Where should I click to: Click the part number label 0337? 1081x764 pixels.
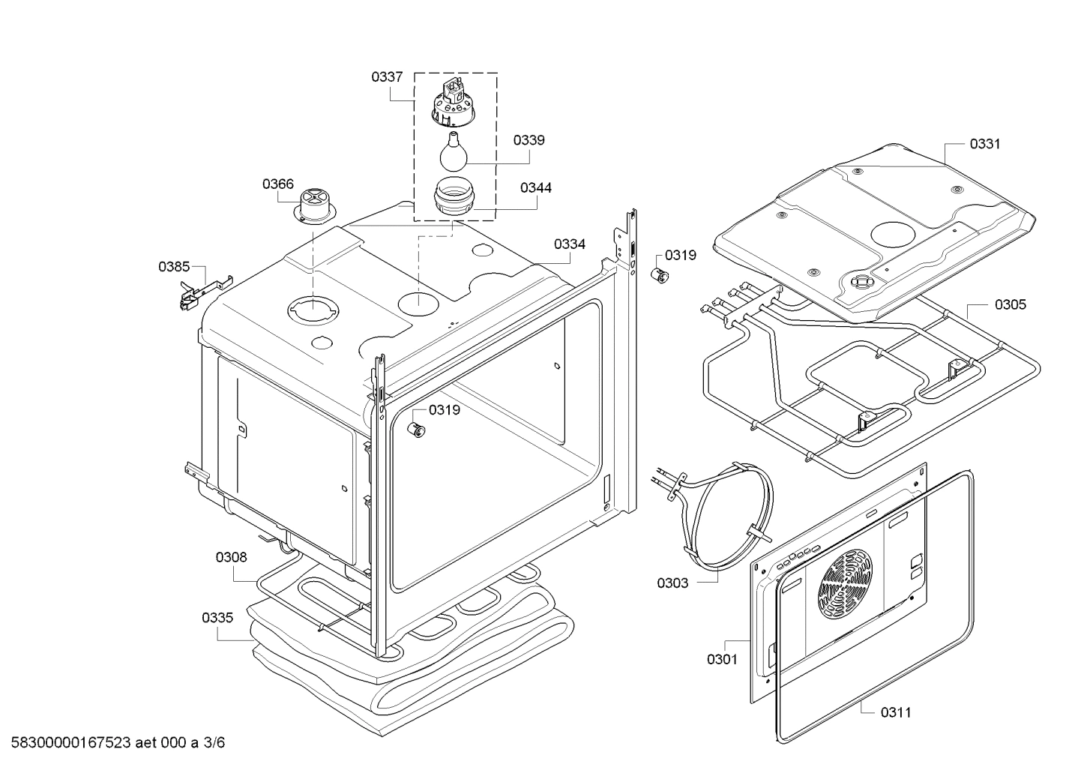[387, 76]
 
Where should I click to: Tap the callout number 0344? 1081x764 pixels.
[536, 187]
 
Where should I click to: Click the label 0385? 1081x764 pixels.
[174, 266]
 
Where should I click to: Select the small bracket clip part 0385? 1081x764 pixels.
[196, 292]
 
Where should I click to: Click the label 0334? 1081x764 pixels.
[570, 244]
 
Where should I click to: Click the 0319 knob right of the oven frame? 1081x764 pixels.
[659, 274]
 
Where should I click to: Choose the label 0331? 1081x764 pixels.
[985, 144]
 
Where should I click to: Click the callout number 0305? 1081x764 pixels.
[1011, 304]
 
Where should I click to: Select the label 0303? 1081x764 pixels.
[672, 583]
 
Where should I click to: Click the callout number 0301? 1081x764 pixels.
[722, 659]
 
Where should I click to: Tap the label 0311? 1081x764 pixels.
[896, 712]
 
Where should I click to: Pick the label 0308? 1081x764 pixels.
[231, 557]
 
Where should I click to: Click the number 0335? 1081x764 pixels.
[217, 618]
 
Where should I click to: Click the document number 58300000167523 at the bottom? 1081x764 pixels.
[72, 743]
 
